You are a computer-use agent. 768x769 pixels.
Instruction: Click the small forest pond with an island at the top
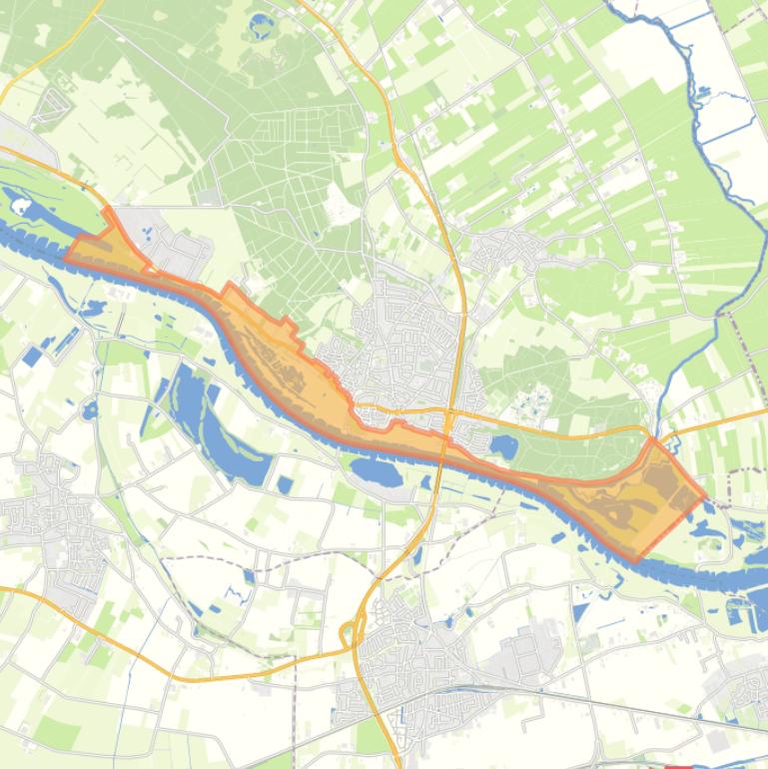point(262,23)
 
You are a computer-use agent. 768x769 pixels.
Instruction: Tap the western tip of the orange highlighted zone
point(66,257)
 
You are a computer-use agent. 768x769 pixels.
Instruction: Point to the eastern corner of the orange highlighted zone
point(706,494)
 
